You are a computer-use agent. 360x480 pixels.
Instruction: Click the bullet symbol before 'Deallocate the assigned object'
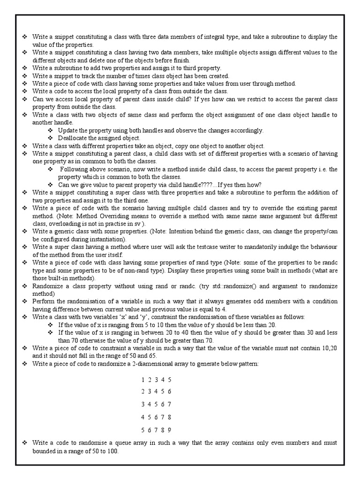click(x=52, y=138)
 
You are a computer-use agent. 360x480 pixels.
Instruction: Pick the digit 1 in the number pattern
click(x=142, y=379)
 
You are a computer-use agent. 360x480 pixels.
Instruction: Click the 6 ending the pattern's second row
click(x=169, y=391)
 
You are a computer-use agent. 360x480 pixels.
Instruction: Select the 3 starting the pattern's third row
click(x=142, y=404)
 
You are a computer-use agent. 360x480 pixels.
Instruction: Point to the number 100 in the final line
click(x=112, y=451)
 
